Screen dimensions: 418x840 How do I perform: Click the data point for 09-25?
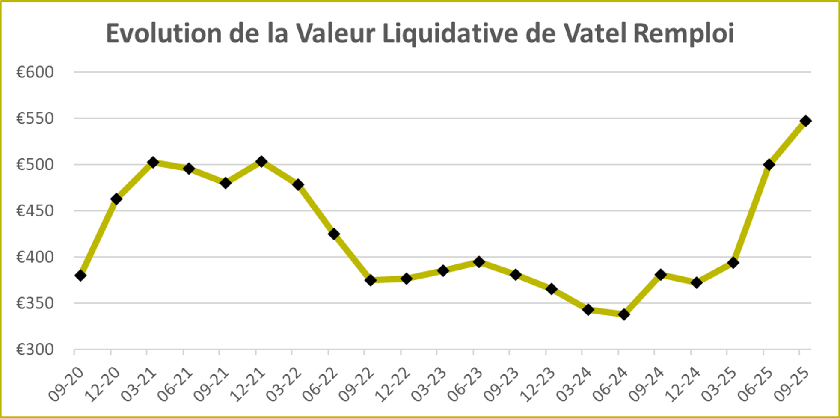click(x=805, y=121)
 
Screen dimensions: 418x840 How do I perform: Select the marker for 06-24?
click(x=624, y=314)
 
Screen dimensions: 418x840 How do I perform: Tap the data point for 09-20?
click(x=80, y=276)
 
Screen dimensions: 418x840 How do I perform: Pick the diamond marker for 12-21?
click(x=261, y=161)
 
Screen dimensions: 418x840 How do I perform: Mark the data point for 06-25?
click(x=769, y=165)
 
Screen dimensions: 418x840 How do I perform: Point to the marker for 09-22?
click(x=371, y=280)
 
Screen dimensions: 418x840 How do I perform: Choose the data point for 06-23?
click(x=479, y=262)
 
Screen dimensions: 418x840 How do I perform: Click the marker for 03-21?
click(x=153, y=162)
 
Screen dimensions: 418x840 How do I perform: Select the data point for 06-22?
click(x=334, y=234)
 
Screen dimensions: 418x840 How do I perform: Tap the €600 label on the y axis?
click(x=35, y=72)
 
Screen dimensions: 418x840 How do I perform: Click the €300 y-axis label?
click(x=35, y=350)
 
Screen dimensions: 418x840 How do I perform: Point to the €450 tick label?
click(x=35, y=211)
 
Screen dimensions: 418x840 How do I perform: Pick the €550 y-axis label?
click(x=35, y=119)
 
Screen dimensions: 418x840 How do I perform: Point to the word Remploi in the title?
click(x=684, y=34)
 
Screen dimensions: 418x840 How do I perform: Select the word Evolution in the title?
click(x=164, y=34)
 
